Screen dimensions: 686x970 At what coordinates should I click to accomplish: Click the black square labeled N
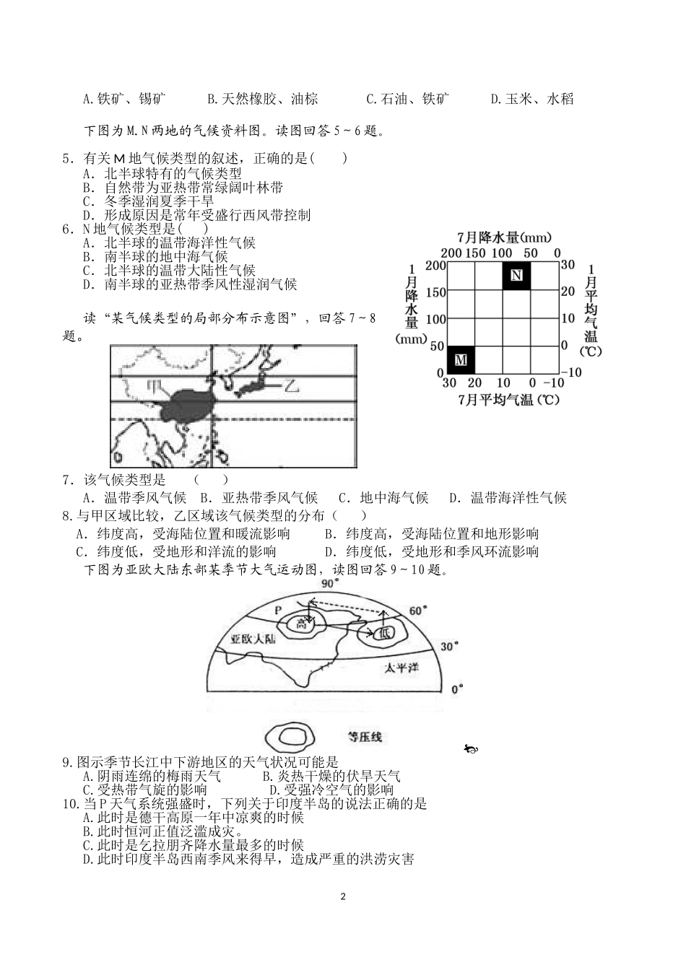pyautogui.click(x=516, y=276)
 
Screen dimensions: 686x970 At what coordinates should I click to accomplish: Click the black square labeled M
pyautogui.click(x=461, y=359)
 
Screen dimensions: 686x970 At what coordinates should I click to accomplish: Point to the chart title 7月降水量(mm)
pyautogui.click(x=504, y=237)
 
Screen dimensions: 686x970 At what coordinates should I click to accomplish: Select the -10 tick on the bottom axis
pyautogui.click(x=555, y=383)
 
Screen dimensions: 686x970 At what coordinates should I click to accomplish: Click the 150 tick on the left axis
pyautogui.click(x=435, y=292)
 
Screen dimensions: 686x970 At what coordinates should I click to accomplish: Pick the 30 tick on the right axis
pyautogui.click(x=568, y=265)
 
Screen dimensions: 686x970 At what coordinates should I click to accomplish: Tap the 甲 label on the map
pyautogui.click(x=154, y=386)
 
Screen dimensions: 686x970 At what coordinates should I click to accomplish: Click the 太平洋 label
pyautogui.click(x=401, y=668)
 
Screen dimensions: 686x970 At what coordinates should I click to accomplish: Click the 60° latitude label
pyautogui.click(x=418, y=611)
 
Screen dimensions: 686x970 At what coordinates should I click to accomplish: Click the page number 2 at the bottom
pyautogui.click(x=343, y=897)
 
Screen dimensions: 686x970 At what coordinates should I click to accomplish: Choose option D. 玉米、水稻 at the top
pyautogui.click(x=531, y=99)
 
